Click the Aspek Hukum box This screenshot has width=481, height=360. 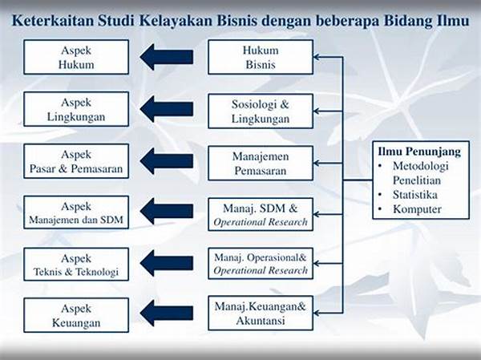coord(76,56)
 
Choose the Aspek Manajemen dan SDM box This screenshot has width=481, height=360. coord(76,212)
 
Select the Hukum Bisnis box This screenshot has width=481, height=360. coord(261,56)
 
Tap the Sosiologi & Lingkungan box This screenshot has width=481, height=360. coord(261,110)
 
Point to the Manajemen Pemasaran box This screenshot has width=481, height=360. coord(261,163)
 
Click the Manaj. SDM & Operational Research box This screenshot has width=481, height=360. coord(261,215)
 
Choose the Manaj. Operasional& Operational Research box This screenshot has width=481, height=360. coord(261,264)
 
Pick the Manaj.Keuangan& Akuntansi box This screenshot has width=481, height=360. coord(261,313)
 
